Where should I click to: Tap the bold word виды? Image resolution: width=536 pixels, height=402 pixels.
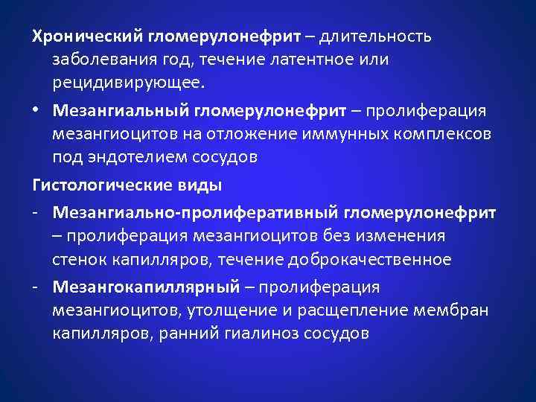coord(201,184)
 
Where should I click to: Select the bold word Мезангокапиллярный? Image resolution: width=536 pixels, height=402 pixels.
coord(146,287)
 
